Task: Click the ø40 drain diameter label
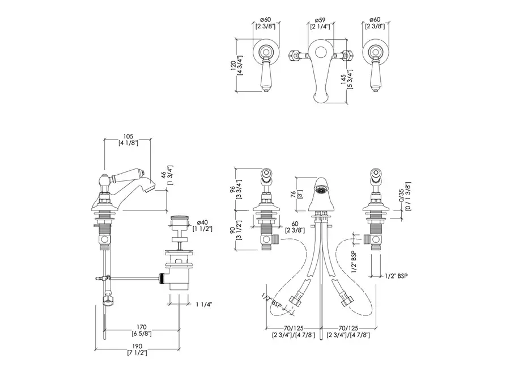point(203,222)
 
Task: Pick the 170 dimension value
point(142,327)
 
